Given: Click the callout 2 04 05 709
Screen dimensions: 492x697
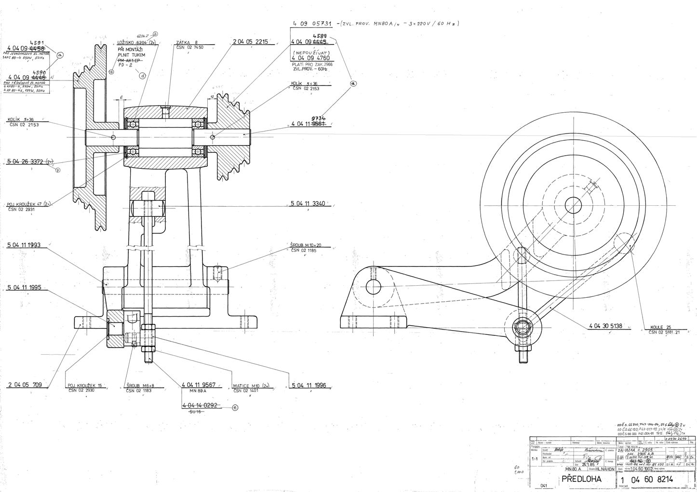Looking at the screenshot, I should coord(25,385).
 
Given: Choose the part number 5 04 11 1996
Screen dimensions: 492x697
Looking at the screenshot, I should coord(309,385).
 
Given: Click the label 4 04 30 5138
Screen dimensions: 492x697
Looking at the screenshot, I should coord(606,326).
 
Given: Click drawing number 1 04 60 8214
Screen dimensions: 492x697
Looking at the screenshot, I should coord(653,479).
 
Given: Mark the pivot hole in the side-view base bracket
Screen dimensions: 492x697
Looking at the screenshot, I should coord(374,287).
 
